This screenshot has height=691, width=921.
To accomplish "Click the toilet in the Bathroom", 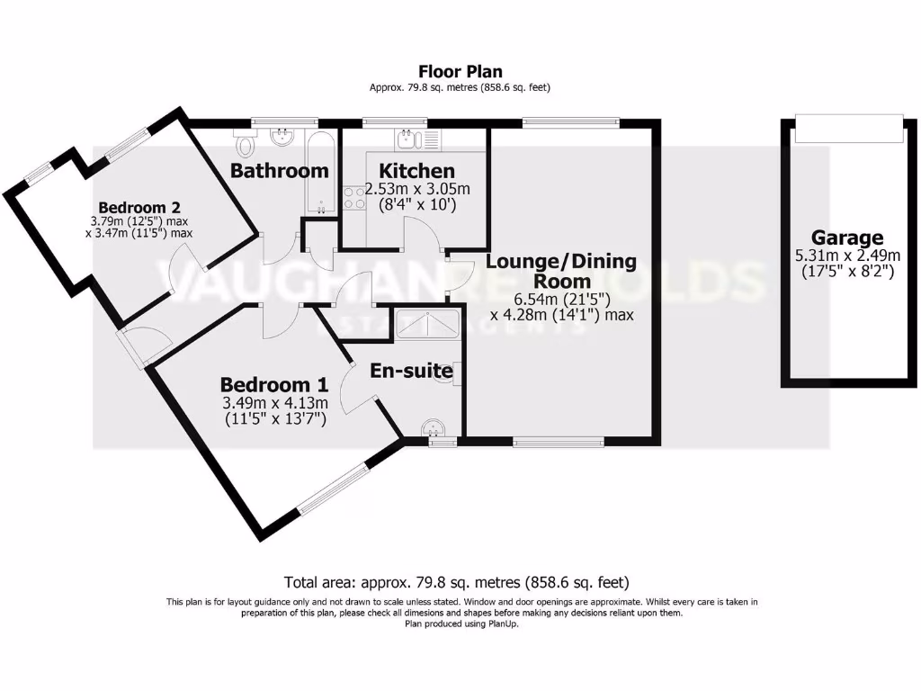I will point(246,143).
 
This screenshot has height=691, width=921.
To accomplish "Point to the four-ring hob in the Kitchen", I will point(353,197).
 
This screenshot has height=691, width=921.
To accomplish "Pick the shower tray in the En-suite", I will point(429,322).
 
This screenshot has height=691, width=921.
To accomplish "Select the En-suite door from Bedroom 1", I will point(356,396).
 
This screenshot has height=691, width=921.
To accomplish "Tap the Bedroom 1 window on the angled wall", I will point(334,490).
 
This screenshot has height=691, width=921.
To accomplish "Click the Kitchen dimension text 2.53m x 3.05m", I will point(417,190).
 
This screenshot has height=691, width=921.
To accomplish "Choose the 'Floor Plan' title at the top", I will point(460,71).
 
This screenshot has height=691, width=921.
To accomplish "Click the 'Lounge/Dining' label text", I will point(561,262).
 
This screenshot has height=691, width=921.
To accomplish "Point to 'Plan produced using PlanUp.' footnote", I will point(460,624).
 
